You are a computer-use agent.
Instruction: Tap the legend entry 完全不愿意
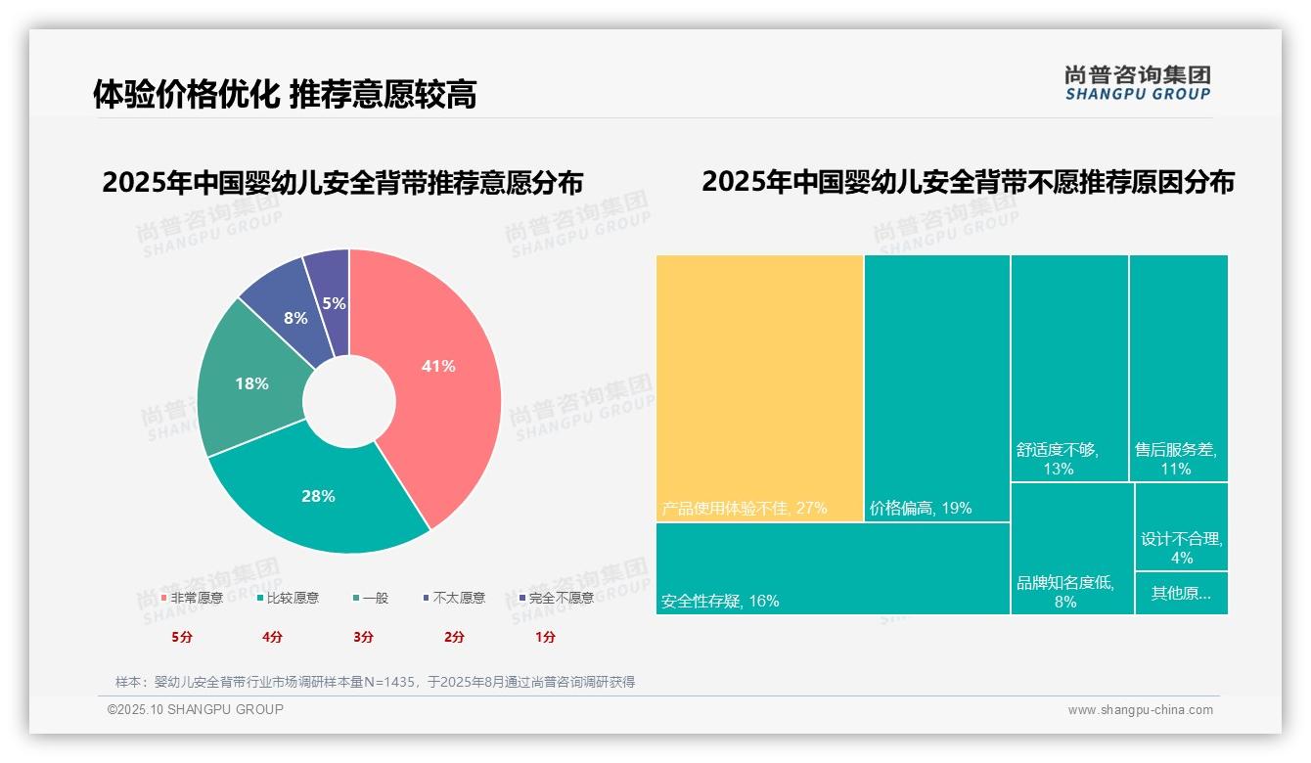pos(561,598)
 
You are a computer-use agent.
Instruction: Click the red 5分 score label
pos(182,637)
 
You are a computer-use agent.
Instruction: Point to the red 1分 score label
pos(545,637)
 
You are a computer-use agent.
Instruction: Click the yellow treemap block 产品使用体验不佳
pos(759,387)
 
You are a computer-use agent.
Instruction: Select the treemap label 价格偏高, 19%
pos(921,509)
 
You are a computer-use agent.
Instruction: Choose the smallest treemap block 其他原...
pos(1181,593)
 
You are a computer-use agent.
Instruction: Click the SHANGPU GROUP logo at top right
pos(1138,83)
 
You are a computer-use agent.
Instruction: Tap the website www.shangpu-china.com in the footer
pos(1140,710)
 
